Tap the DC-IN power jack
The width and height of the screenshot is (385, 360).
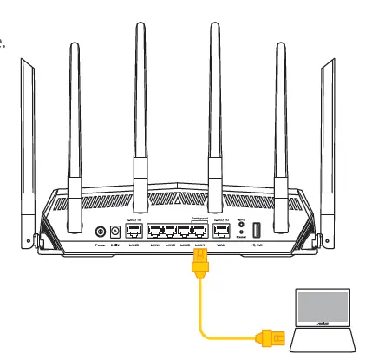point(114,232)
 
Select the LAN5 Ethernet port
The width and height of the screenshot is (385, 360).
point(134,232)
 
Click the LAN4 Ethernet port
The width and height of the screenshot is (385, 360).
point(157,232)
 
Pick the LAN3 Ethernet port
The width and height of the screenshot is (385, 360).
point(171,232)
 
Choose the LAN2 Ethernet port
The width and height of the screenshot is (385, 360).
point(185,232)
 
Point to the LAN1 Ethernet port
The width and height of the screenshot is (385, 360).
point(199,232)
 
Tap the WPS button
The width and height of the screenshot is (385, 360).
point(241,226)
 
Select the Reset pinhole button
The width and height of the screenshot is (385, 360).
point(241,237)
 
